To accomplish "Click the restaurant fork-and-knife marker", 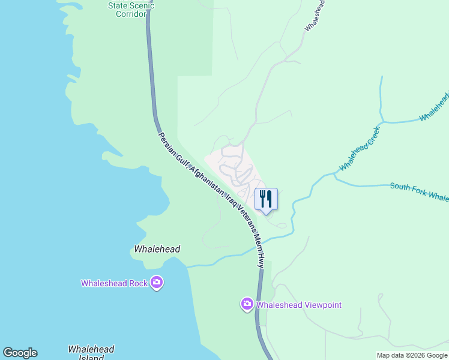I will pyautogui.click(x=266, y=199).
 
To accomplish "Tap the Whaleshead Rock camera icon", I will pyautogui.click(x=156, y=282).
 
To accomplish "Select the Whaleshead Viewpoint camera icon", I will pyautogui.click(x=247, y=304).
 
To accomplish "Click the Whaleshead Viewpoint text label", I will pyautogui.click(x=299, y=305).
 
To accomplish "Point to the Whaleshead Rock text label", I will pyautogui.click(x=114, y=283).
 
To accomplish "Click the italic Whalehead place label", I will pyautogui.click(x=157, y=249).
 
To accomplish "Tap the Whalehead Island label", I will pyautogui.click(x=91, y=353).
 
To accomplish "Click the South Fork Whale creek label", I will pyautogui.click(x=419, y=192).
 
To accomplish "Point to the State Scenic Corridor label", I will pyautogui.click(x=131, y=10).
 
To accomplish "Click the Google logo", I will pyautogui.click(x=20, y=353).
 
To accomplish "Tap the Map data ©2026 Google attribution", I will pyautogui.click(x=412, y=355).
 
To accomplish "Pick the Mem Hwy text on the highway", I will pyautogui.click(x=258, y=249).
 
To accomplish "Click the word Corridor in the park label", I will pyautogui.click(x=131, y=14).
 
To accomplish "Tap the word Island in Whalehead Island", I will pyautogui.click(x=91, y=358).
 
